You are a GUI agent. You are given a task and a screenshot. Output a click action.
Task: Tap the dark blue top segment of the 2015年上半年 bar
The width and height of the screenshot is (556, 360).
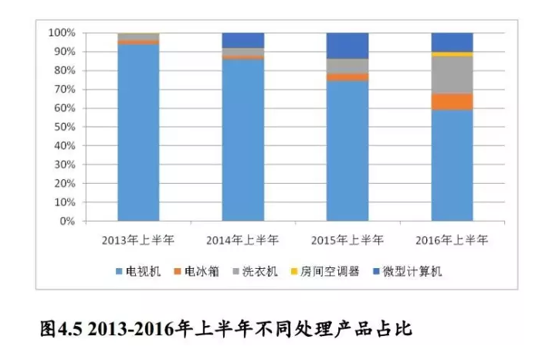347,46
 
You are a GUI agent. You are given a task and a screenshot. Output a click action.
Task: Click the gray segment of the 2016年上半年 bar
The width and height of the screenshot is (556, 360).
452,75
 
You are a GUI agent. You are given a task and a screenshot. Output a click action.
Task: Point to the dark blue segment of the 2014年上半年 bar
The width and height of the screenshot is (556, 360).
242,40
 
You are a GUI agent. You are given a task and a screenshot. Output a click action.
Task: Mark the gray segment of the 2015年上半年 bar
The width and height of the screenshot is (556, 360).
347,66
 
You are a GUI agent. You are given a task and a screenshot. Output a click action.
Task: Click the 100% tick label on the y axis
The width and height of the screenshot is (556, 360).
62,33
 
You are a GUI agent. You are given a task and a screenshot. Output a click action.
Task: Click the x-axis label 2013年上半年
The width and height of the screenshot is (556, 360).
137,239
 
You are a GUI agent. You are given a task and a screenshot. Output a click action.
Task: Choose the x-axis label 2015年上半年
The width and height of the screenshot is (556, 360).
347,239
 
